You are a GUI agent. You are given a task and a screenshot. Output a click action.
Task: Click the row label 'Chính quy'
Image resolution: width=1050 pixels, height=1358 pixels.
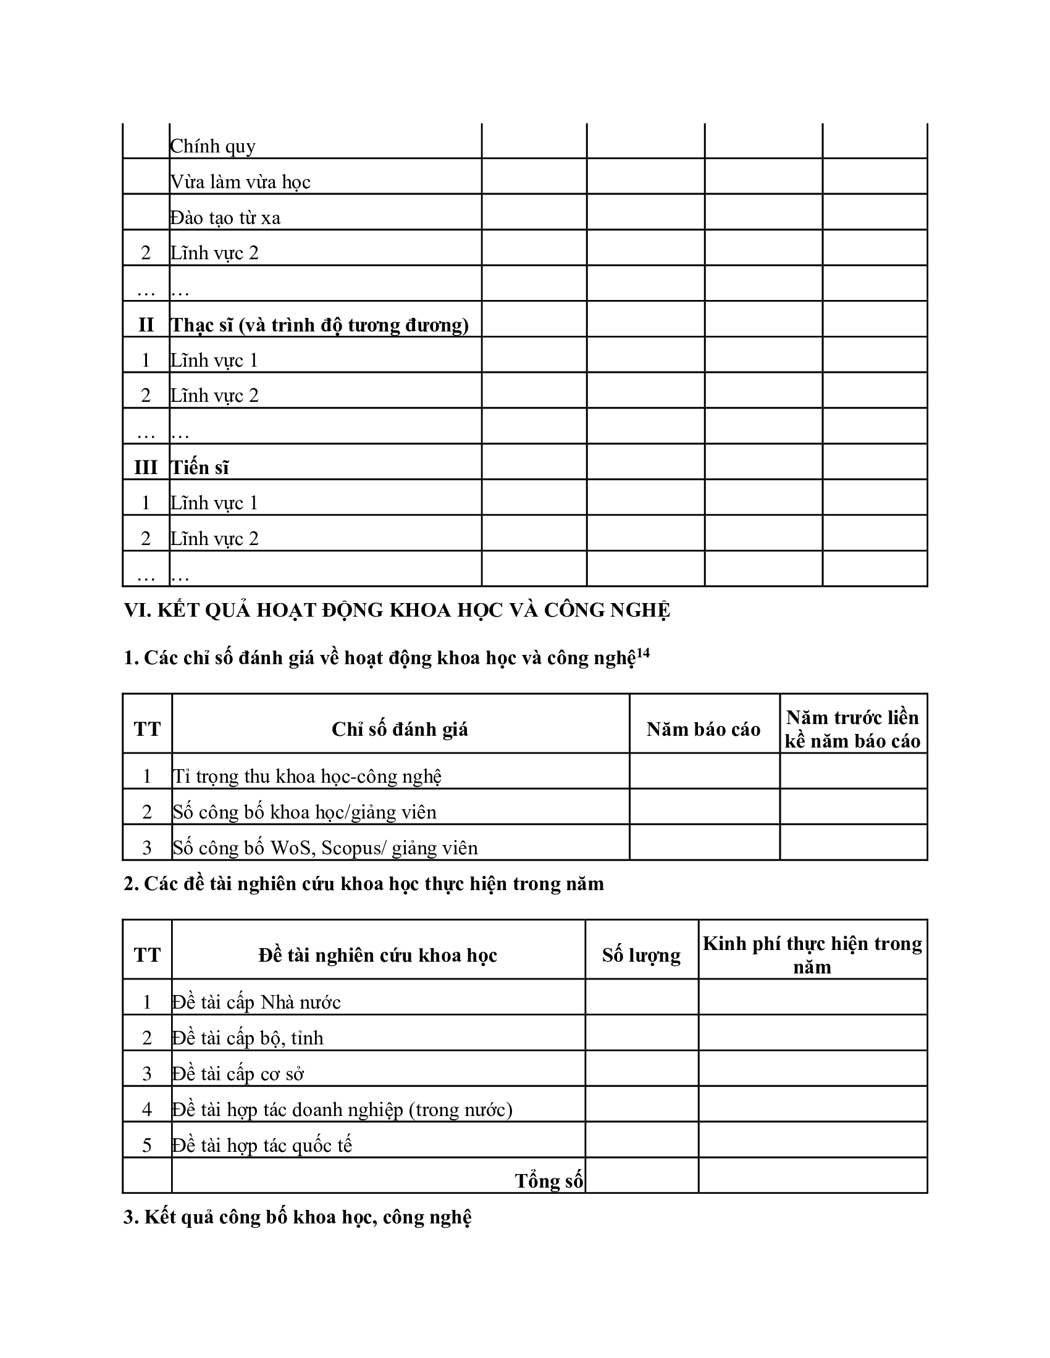coord(212,146)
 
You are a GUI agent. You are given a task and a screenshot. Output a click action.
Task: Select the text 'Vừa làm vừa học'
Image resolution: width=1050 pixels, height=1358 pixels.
coord(240,181)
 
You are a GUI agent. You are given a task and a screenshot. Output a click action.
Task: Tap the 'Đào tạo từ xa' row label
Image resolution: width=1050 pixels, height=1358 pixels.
coord(225,218)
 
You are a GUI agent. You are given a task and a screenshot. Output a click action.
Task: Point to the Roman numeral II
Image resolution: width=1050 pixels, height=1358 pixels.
coord(146,325)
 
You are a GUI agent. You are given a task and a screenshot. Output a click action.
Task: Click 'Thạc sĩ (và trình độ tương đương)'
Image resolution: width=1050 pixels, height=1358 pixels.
coord(319,325)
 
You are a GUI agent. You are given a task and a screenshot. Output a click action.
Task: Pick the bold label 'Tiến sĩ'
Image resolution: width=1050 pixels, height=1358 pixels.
coord(199,468)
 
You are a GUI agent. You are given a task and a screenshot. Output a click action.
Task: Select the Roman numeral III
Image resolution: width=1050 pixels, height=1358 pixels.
coord(146,468)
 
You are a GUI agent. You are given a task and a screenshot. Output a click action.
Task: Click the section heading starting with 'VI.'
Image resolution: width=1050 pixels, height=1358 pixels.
coord(397,610)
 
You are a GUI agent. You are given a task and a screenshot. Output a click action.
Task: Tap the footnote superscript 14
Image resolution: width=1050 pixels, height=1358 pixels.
coord(642,652)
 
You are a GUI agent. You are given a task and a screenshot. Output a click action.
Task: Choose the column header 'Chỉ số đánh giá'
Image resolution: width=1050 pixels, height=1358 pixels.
coord(400,729)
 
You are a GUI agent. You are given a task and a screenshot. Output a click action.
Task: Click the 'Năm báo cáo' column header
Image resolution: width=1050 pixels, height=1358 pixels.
coord(703,729)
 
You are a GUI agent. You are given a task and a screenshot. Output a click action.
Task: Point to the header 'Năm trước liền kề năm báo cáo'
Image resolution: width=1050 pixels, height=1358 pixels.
coord(853,729)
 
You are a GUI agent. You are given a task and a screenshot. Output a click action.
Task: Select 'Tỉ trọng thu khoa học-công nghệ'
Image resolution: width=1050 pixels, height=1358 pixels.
coord(308,776)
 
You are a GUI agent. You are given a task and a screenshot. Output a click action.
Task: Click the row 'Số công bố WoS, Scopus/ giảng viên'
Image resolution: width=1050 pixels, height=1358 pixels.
coord(325,848)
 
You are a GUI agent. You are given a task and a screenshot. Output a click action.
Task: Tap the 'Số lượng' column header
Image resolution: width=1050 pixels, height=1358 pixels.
coord(641,954)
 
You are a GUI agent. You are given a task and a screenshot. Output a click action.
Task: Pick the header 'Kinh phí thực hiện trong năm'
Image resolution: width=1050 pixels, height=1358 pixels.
coord(812,954)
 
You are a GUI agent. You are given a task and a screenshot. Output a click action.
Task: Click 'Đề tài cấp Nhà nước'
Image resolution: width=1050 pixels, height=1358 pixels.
coord(256,1002)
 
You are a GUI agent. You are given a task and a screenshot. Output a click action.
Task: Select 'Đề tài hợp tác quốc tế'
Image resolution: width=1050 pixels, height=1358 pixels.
coord(262,1144)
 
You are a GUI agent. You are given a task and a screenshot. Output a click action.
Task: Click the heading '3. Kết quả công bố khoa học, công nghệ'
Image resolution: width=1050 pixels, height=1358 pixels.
coord(297,1217)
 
